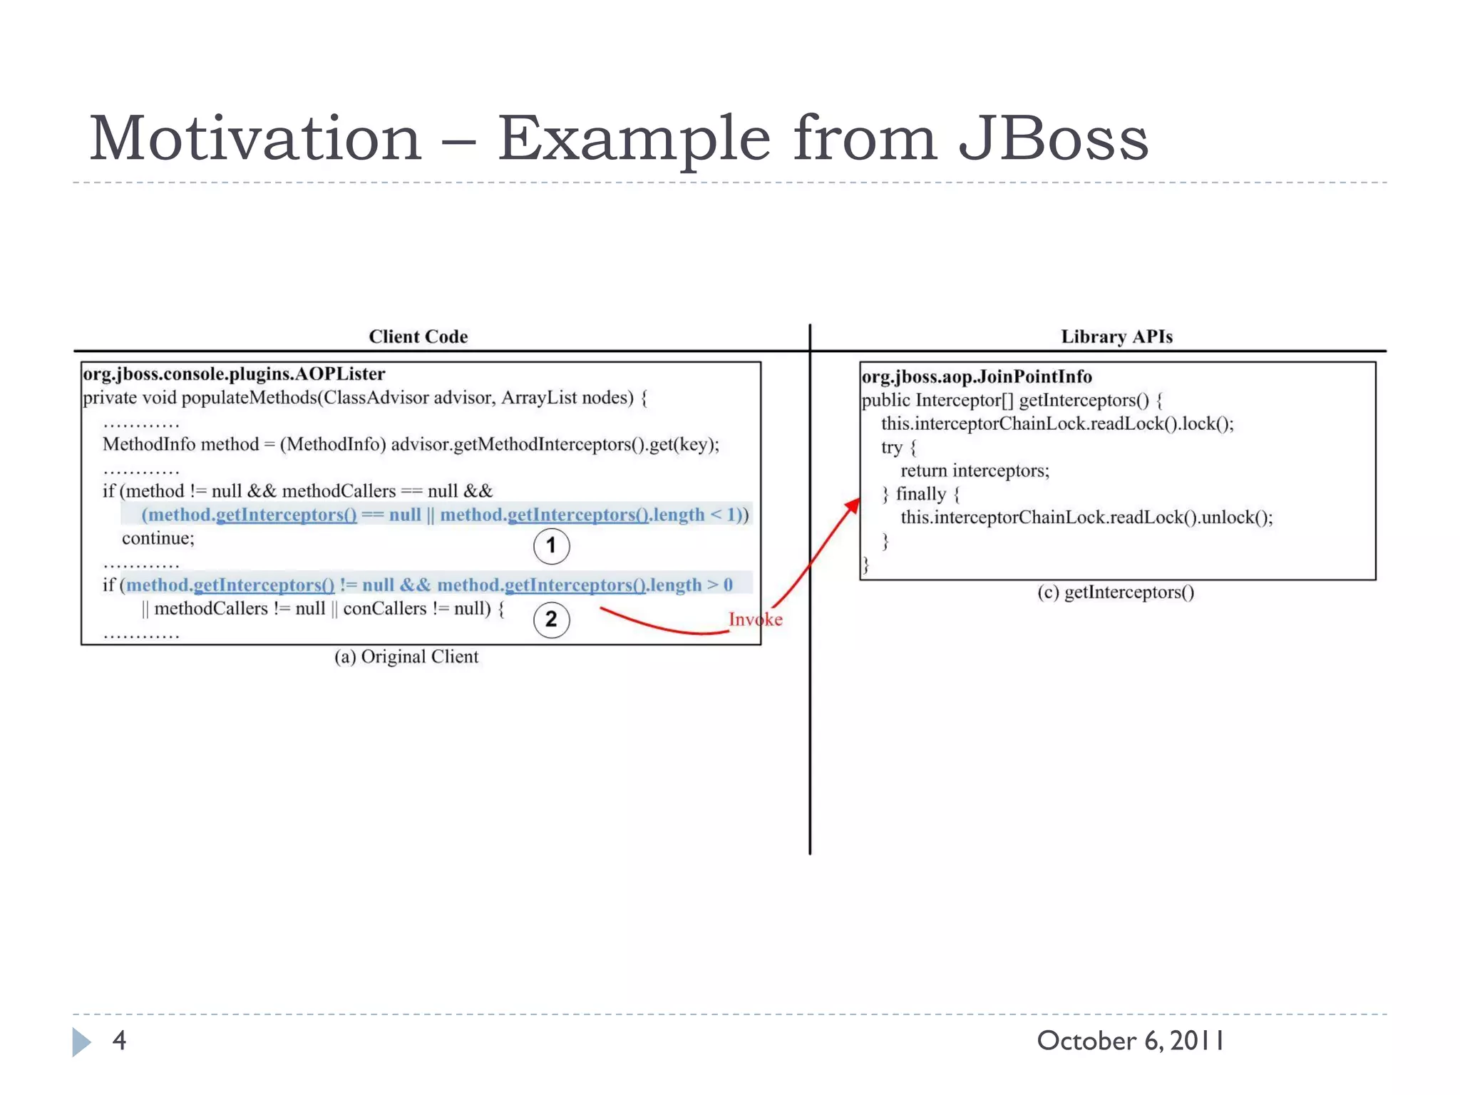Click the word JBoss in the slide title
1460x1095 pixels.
pyautogui.click(x=1053, y=138)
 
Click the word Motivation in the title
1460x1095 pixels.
pyautogui.click(x=255, y=138)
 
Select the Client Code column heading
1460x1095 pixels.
pyautogui.click(x=418, y=336)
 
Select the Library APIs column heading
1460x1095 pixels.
pyautogui.click(x=1116, y=336)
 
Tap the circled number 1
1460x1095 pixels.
pyautogui.click(x=551, y=546)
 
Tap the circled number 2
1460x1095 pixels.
pyautogui.click(x=551, y=619)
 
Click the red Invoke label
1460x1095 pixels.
pyautogui.click(x=755, y=620)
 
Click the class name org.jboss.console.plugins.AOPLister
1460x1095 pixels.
pyautogui.click(x=234, y=374)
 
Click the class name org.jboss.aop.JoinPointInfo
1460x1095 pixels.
pyautogui.click(x=977, y=376)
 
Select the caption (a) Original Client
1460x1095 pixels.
pyautogui.click(x=406, y=657)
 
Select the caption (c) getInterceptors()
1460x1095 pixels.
pyautogui.click(x=1116, y=592)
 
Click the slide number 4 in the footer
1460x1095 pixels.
pyautogui.click(x=119, y=1041)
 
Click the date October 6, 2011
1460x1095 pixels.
pyautogui.click(x=1130, y=1041)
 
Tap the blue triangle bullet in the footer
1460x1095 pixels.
pyautogui.click(x=81, y=1042)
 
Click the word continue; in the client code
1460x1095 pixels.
pyautogui.click(x=158, y=538)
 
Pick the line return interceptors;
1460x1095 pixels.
pyautogui.click(x=975, y=471)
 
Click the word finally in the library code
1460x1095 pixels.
pyautogui.click(x=920, y=494)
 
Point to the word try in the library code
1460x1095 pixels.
pyautogui.click(x=891, y=448)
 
